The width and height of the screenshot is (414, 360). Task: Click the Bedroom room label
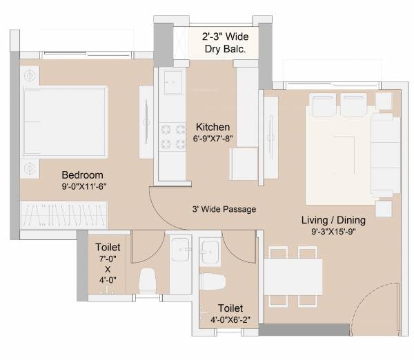pyautogui.click(x=82, y=174)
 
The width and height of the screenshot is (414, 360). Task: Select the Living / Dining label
pyautogui.click(x=333, y=220)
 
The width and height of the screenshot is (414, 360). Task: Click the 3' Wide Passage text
pyautogui.click(x=224, y=208)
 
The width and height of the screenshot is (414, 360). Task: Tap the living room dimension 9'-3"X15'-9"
pyautogui.click(x=333, y=232)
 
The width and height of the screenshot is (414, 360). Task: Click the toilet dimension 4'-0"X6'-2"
pyautogui.click(x=230, y=320)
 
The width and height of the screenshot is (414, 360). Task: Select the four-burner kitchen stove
pyautogui.click(x=172, y=135)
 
